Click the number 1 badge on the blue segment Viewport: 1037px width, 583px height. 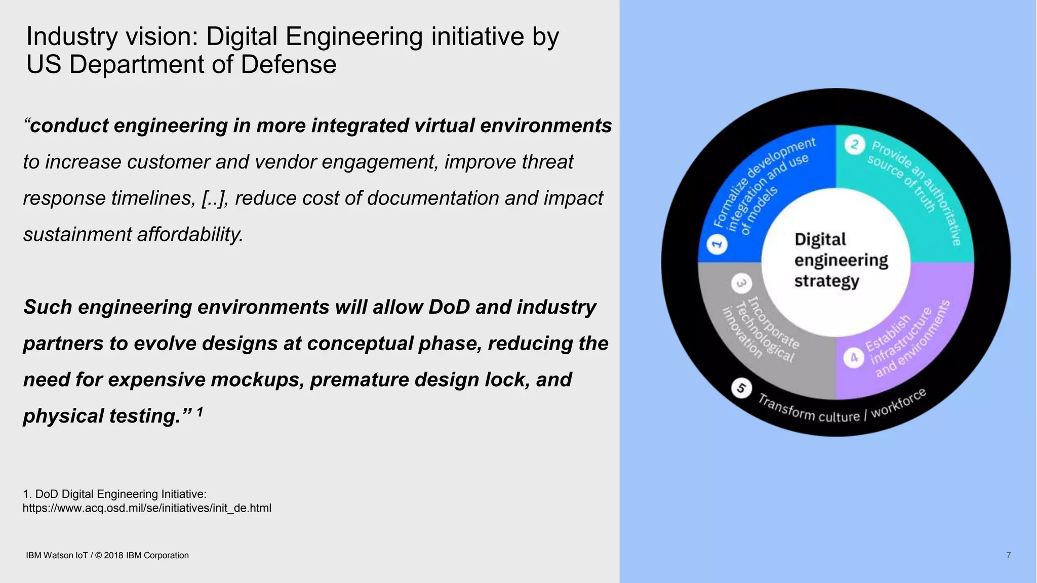point(716,244)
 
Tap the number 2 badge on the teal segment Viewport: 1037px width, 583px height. point(854,145)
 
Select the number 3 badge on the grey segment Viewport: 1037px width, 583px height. point(741,283)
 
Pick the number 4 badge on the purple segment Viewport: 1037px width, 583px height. point(854,358)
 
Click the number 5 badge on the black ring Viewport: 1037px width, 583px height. point(741,388)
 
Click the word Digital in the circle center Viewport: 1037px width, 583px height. point(820,239)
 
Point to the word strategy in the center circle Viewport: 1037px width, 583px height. point(826,281)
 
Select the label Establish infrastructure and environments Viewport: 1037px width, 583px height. point(906,340)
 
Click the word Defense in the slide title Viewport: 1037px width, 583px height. point(289,65)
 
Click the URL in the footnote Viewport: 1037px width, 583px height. point(147,508)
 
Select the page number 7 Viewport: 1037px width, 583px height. point(1008,555)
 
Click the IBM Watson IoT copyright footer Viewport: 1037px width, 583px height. point(107,555)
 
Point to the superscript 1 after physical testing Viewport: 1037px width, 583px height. point(200,412)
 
